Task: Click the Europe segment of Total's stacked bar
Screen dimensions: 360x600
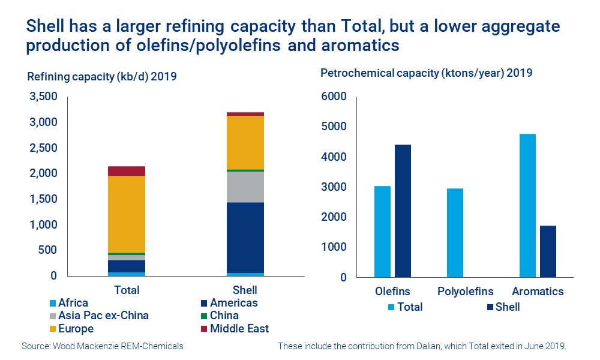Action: [x=127, y=214]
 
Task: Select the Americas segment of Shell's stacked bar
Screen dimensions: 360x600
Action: [x=245, y=238]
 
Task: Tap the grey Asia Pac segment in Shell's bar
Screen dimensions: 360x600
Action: [x=245, y=187]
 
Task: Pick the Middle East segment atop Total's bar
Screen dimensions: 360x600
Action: [x=127, y=171]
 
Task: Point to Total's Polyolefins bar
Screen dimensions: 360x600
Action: [x=455, y=233]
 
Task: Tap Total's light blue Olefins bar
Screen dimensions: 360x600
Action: [x=382, y=232]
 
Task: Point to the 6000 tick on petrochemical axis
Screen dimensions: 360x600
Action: [x=334, y=97]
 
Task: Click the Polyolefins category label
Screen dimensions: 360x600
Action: [x=466, y=292]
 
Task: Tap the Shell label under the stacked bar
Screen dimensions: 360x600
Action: [x=245, y=290]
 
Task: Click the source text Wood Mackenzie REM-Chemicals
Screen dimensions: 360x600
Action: [x=102, y=346]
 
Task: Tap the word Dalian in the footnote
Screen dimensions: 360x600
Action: [x=421, y=346]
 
